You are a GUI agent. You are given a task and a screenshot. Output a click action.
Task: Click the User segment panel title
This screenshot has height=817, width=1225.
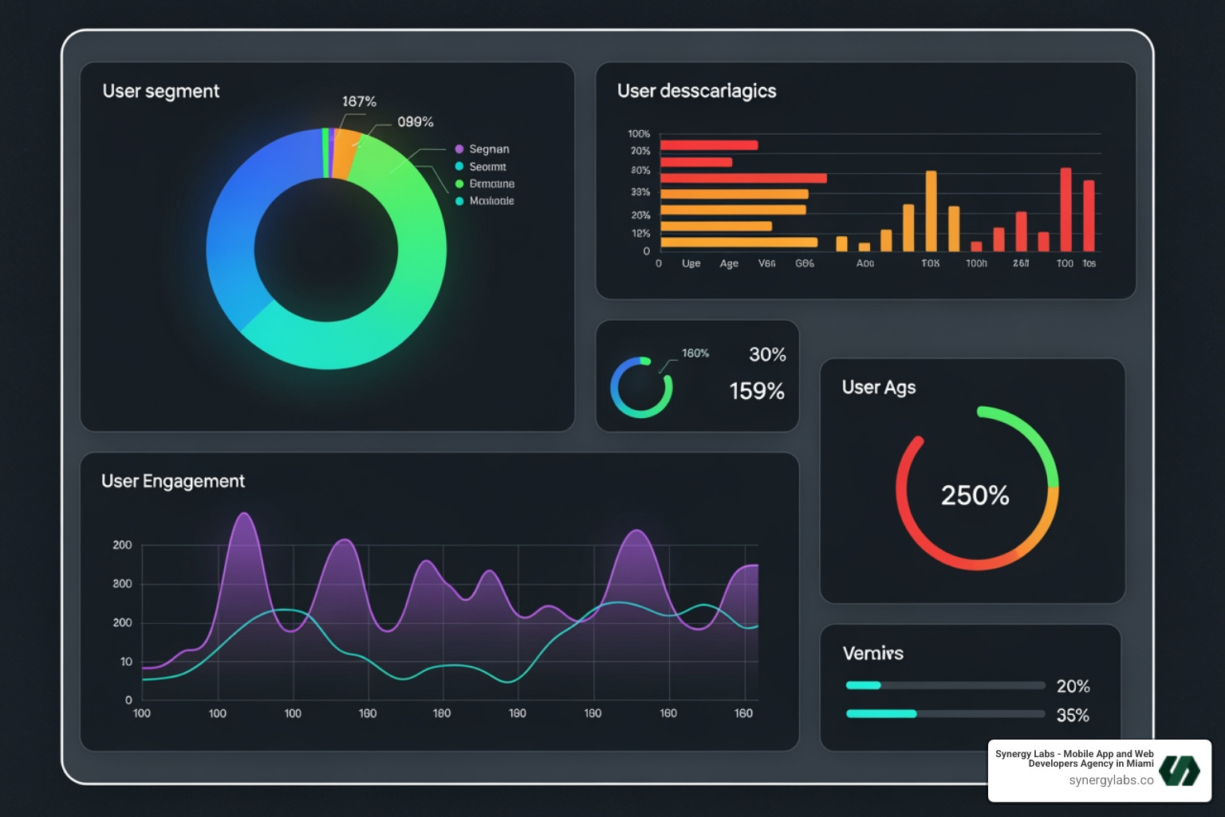[160, 91]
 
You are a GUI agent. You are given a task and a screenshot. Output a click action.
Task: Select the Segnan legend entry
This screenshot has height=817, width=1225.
[488, 149]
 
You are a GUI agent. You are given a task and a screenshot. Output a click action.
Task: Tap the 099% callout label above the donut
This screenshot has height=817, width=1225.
[415, 122]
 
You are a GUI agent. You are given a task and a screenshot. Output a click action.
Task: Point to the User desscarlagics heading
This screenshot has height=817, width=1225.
[696, 91]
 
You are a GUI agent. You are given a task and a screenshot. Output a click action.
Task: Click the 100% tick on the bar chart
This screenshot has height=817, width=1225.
[639, 134]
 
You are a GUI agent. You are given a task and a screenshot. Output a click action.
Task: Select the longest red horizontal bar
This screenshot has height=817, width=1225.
[742, 178]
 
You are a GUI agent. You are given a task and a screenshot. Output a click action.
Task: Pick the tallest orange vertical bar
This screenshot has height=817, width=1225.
[931, 211]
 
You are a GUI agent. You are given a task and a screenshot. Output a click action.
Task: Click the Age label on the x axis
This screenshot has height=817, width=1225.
[729, 263]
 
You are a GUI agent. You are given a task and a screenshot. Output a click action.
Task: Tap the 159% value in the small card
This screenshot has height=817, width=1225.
[756, 391]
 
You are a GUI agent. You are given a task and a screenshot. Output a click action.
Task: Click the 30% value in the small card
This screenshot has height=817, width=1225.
[767, 354]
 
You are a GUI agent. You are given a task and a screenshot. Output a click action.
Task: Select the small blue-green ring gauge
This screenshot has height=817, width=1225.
[641, 388]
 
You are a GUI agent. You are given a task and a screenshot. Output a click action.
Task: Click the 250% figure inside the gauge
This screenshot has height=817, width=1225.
[975, 495]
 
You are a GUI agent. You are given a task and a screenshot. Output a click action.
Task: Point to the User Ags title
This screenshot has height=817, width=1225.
[878, 387]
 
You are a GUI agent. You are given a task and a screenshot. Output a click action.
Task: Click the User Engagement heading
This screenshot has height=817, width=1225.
[172, 481]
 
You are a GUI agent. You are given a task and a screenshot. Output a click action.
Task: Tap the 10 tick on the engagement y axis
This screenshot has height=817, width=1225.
[126, 661]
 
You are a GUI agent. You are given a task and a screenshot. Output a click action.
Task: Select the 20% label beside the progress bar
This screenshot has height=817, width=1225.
[1073, 686]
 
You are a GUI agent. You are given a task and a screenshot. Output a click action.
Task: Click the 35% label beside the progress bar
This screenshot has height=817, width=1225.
[1073, 716]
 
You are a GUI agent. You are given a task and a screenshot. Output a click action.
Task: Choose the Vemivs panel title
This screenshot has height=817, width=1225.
[872, 653]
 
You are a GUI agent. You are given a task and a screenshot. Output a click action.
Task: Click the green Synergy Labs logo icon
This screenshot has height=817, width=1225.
[1180, 771]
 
